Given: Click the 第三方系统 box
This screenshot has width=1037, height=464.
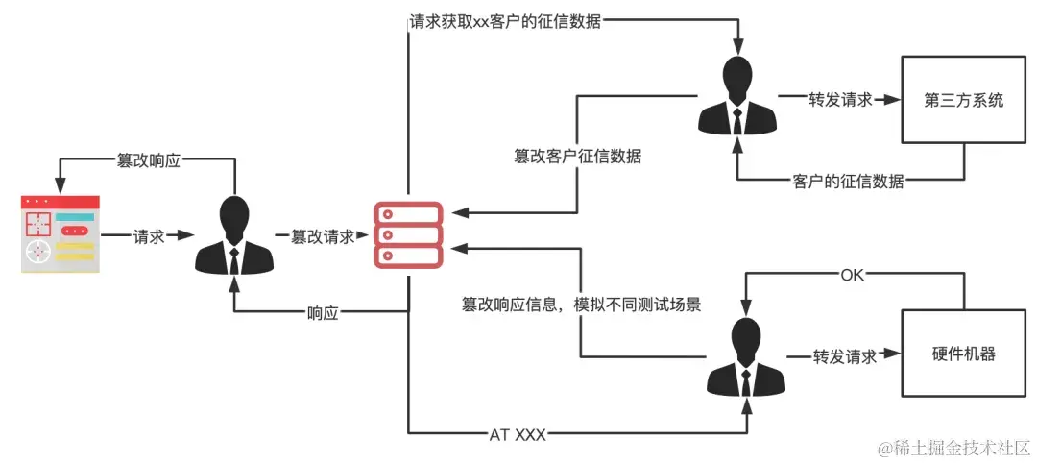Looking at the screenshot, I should pos(963,100).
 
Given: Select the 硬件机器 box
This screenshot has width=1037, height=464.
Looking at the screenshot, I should pos(963,354).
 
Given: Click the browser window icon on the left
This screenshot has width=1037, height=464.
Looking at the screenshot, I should pos(60,234).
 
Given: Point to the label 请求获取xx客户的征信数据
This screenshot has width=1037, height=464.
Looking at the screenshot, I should pos(505,21).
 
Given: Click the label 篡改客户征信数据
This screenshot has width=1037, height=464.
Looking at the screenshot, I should pos(577,155).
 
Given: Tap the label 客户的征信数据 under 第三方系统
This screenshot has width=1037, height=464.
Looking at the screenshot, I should pos(849,181).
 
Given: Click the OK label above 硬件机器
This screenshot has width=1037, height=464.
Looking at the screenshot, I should pos(853,275).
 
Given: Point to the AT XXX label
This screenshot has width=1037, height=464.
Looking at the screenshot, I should pos(518,434).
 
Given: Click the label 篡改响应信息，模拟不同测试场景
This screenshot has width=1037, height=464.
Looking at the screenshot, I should pos(581,305).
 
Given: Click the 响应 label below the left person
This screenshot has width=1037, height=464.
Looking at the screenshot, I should pos(323,313).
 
